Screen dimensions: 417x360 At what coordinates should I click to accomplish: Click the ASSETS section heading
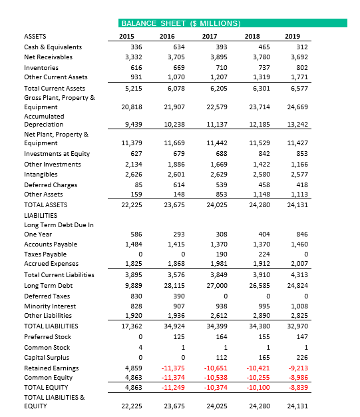[x=36, y=36]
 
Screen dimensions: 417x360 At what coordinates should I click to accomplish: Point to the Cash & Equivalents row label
[x=53, y=47]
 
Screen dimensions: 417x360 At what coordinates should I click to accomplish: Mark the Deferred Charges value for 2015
[x=137, y=185]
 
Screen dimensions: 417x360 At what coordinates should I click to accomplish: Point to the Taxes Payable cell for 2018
[x=262, y=254]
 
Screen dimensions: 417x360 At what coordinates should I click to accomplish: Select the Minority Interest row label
[x=50, y=306]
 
